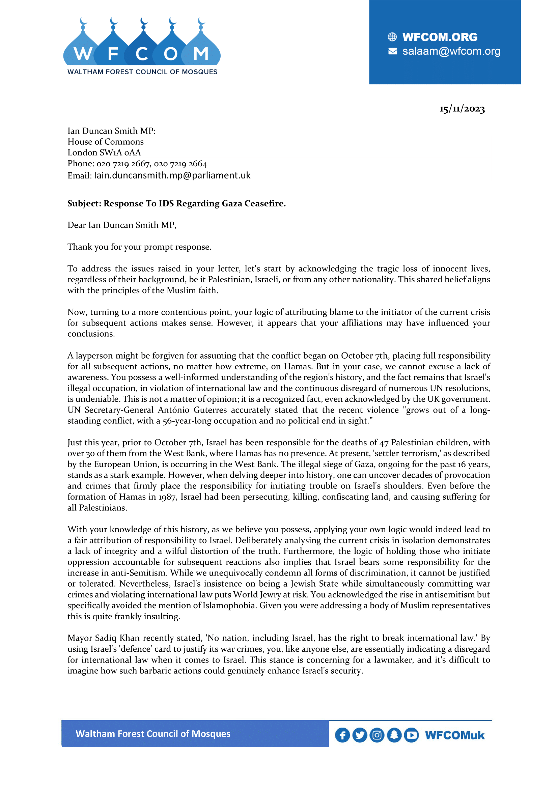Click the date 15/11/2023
(x=462, y=109)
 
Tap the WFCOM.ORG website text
(x=440, y=37)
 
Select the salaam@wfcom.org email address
(x=451, y=51)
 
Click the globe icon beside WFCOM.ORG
(x=392, y=37)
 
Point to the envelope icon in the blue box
(x=392, y=51)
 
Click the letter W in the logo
(x=83, y=54)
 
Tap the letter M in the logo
(x=201, y=54)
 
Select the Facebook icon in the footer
(x=342, y=735)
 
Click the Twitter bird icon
(x=359, y=735)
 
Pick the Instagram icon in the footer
(x=377, y=735)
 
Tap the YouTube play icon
(x=411, y=735)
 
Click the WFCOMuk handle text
(x=454, y=735)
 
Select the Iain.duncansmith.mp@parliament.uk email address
(x=172, y=176)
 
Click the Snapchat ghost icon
(x=394, y=735)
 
